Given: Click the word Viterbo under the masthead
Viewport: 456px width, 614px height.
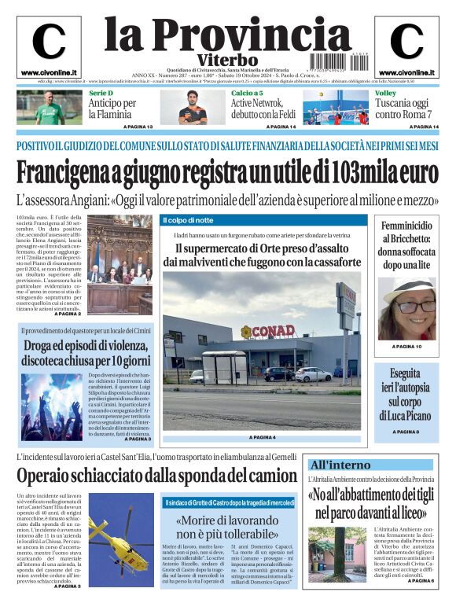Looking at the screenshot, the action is pos(227,60).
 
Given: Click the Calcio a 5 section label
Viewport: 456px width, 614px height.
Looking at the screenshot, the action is pos(247,94).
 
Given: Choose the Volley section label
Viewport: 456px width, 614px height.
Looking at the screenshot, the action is pos(385,94).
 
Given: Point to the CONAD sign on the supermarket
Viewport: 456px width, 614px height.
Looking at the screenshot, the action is pos(267,332).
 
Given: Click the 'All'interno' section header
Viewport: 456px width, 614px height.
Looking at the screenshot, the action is pos(340,465).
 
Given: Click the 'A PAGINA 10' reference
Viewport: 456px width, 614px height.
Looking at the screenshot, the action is pos(406,347).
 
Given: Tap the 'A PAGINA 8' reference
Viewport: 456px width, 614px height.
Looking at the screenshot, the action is pos(406,432).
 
